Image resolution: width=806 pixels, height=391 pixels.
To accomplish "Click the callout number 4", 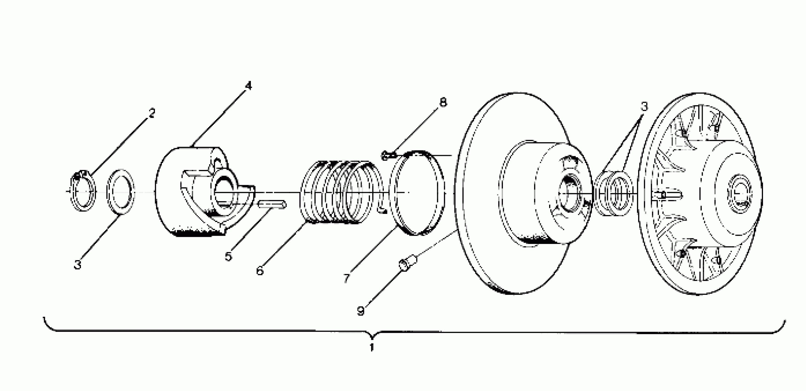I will click(248, 86).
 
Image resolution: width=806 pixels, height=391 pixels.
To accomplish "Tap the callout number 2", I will click(152, 113).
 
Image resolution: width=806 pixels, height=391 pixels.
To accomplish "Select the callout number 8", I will click(443, 102).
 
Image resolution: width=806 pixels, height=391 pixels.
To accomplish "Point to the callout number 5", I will click(228, 257).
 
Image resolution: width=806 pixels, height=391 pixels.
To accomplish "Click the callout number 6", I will click(260, 270).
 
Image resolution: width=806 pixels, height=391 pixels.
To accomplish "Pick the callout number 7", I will click(346, 278).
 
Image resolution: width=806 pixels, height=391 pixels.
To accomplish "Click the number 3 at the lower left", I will click(77, 264).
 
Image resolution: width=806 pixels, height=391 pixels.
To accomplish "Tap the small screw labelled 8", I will click(387, 155).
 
